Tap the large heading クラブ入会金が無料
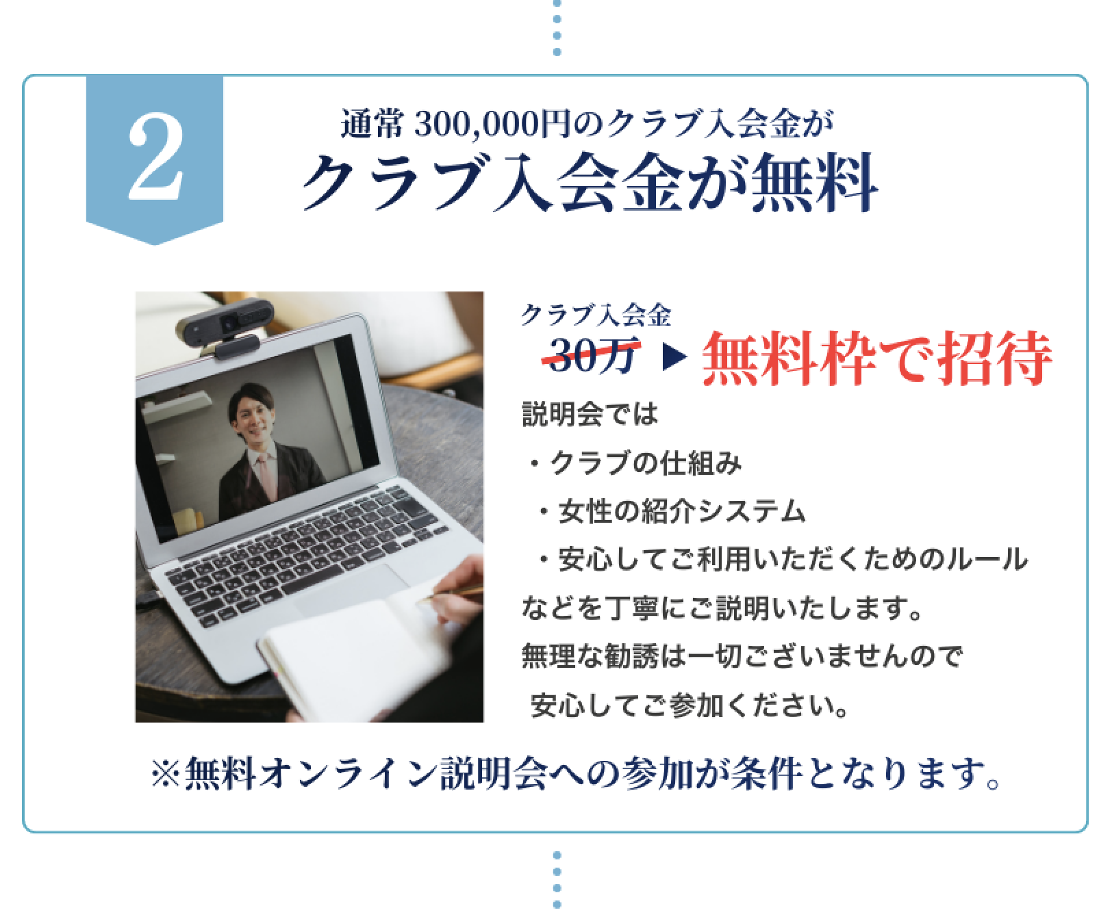590,182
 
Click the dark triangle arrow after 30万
674,359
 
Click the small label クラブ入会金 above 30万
595,314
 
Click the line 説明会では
590,415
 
